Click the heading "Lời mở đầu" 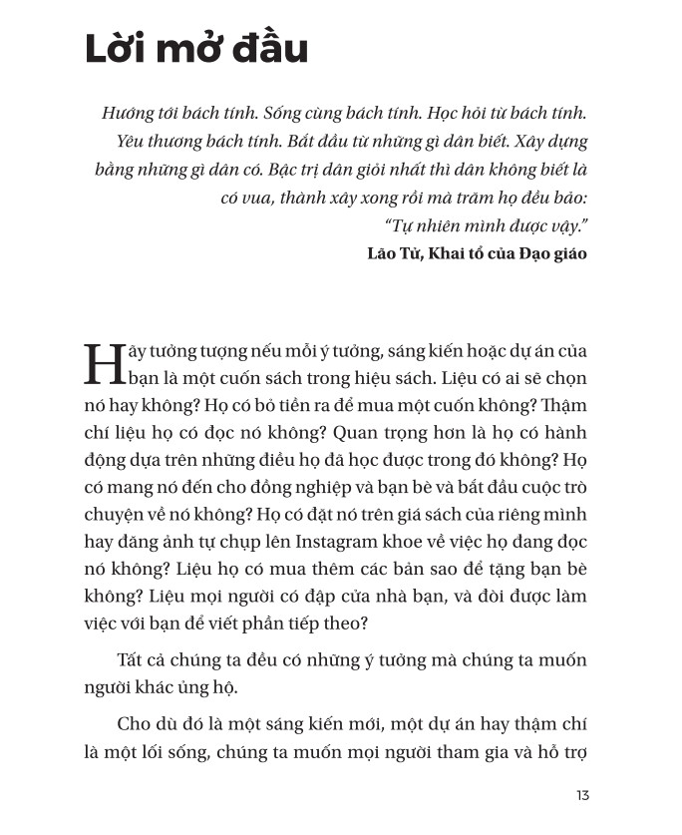pyautogui.click(x=196, y=50)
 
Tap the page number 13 pyautogui.click(x=583, y=795)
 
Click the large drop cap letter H pyautogui.click(x=106, y=365)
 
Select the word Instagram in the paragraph pyautogui.click(x=345, y=543)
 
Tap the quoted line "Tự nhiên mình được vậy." pyautogui.click(x=486, y=225)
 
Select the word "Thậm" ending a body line pyautogui.click(x=563, y=407)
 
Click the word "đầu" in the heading pyautogui.click(x=270, y=50)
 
